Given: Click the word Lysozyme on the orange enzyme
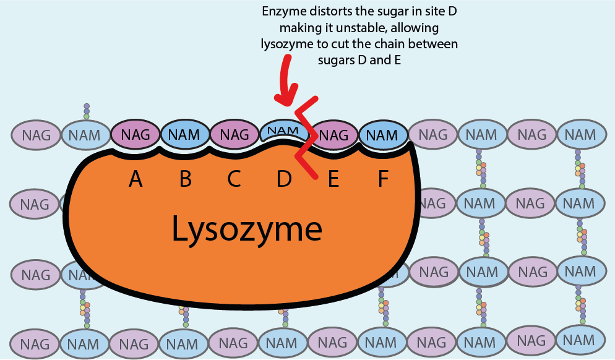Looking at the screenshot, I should point(246,229).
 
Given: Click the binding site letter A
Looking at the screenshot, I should point(135,179).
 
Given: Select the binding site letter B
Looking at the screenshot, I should point(185,179).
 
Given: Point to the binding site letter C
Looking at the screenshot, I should point(234,179).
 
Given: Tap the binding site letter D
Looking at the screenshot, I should point(284,179).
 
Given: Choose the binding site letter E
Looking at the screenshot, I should point(333,179).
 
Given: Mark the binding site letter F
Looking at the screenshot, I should point(383,179).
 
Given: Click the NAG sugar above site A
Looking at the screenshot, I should point(135,134).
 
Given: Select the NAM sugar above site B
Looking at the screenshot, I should point(184,134).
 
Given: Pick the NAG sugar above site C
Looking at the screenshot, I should point(234,134).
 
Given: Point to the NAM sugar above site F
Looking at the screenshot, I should point(382,135).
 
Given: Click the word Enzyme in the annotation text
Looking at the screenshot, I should point(283,12).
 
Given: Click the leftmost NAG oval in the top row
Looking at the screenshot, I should point(36,135).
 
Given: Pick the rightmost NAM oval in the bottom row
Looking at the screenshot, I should point(580,340).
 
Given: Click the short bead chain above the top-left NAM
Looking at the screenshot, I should point(87,111).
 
